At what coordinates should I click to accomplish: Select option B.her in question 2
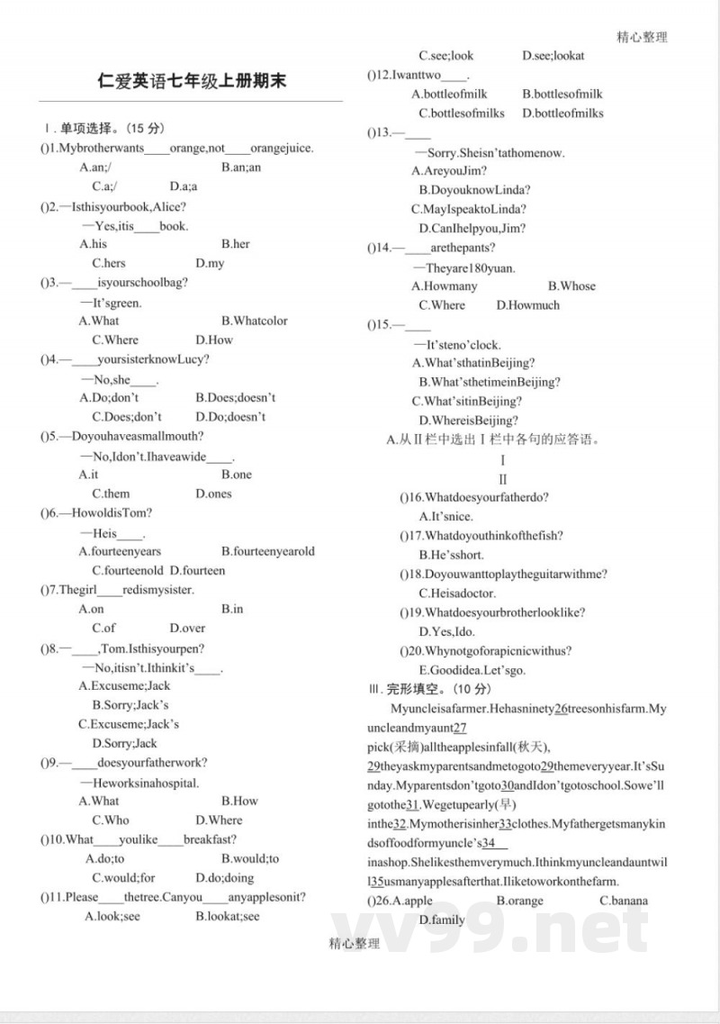236,244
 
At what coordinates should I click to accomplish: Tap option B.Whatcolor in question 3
255,321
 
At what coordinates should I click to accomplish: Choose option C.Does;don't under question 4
127,417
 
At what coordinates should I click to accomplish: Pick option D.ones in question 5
213,494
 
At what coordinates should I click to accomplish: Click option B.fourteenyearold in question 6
268,551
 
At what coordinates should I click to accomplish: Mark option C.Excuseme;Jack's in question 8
129,724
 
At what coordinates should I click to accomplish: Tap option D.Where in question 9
219,820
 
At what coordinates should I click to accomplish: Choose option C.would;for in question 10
123,878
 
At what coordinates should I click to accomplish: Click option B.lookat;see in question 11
227,917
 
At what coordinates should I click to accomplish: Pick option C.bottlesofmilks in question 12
462,113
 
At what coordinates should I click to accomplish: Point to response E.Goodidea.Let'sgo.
472,671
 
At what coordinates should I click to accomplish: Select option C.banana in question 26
624,901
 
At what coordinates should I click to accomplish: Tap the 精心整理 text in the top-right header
642,37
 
